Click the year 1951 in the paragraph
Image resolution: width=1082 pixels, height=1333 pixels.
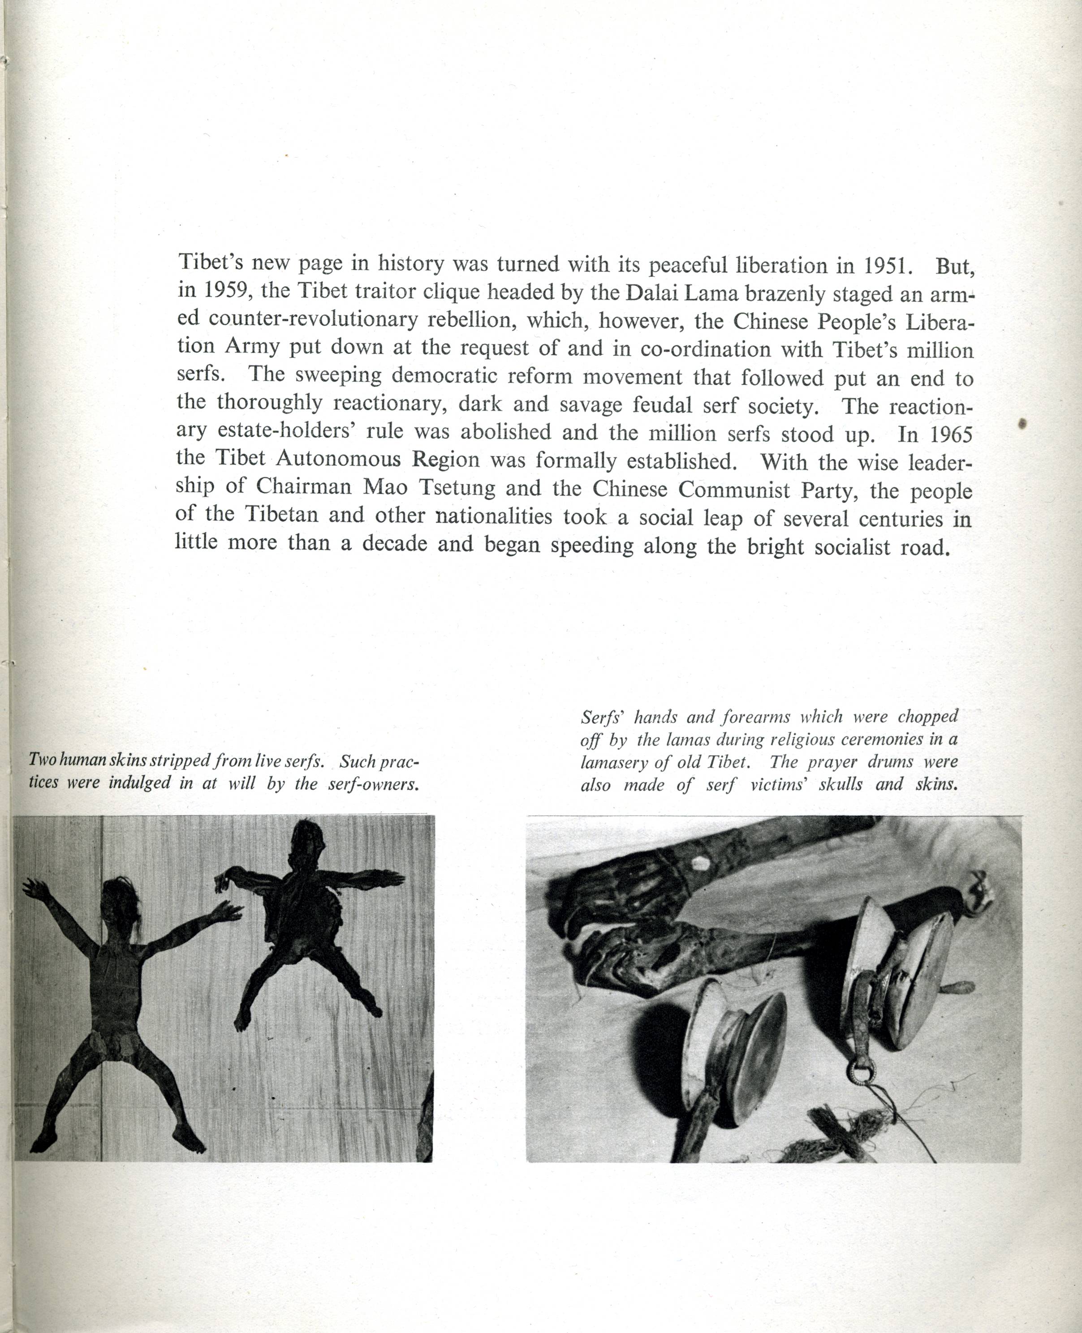[888, 266]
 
